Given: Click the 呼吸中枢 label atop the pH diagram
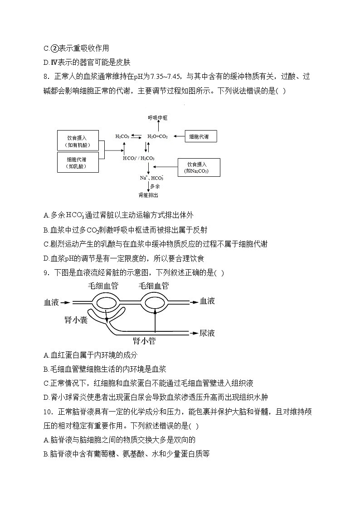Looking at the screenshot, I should tap(158, 117).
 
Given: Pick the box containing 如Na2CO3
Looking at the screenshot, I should tap(199, 168).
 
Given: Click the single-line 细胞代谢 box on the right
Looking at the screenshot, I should tap(202, 136).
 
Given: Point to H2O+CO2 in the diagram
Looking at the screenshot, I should tap(157, 136).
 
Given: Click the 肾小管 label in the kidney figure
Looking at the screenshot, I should tap(144, 341).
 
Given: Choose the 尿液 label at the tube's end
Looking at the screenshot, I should tap(207, 333).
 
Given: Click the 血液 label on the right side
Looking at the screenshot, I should tap(207, 301).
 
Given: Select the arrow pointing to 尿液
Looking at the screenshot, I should tap(192, 333).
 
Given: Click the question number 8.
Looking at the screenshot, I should tap(47, 77).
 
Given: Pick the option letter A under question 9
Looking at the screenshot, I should tap(46, 355).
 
